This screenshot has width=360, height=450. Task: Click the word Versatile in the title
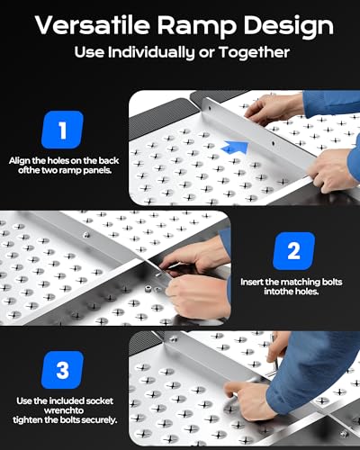tap(93, 25)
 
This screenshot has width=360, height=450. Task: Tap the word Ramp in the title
tap(196, 26)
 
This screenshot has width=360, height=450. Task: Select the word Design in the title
tap(289, 26)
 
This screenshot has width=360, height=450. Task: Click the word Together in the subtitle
tap(254, 52)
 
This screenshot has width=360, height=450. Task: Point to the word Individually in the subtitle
tap(151, 52)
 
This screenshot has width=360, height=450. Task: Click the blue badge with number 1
tap(62, 130)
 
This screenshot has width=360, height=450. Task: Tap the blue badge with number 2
tap(293, 251)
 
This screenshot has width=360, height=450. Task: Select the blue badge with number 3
tap(62, 370)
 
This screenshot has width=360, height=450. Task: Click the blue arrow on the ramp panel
tap(235, 148)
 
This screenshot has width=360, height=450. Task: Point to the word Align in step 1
tap(20, 161)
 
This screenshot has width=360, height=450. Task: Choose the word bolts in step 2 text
tap(332, 282)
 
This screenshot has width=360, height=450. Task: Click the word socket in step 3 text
tap(99, 400)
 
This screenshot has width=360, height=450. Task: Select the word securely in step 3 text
tap(99, 420)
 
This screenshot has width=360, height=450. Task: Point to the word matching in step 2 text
tap(301, 283)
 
